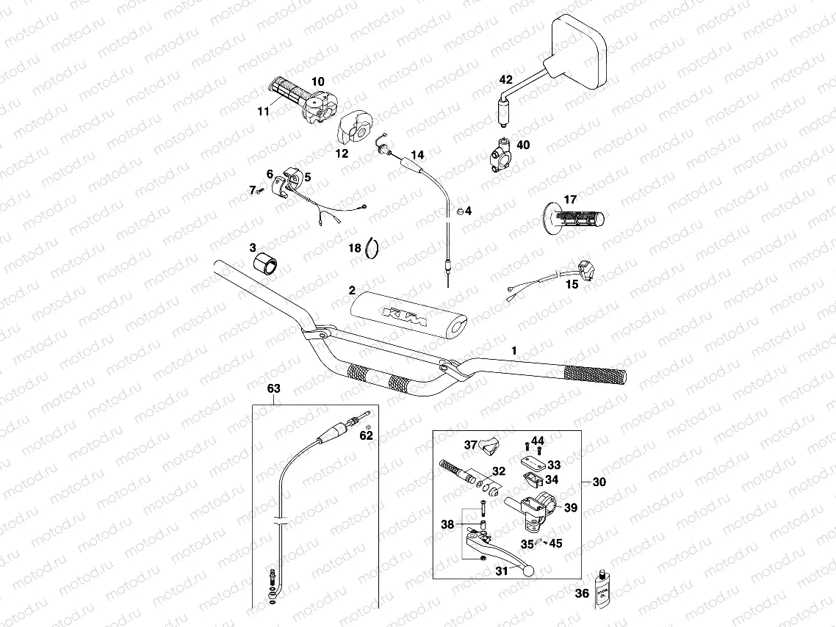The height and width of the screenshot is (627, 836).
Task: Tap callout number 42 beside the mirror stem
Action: point(505,79)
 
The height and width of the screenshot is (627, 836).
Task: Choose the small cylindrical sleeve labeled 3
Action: point(266,264)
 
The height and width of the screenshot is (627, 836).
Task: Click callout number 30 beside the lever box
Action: point(599,482)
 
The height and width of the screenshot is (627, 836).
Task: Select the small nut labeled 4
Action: point(458,212)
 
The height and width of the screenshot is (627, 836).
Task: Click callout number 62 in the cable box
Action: point(366,435)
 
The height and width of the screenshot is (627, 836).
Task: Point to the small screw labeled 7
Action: point(260,189)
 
